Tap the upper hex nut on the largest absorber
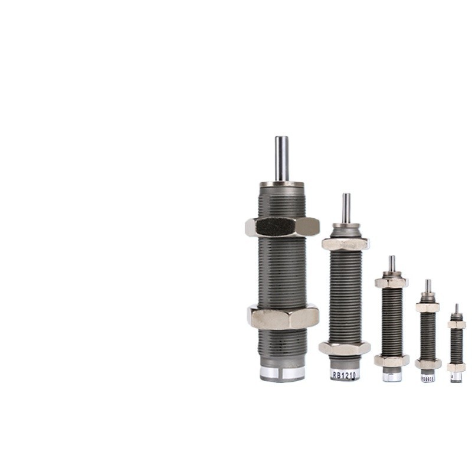click(x=282, y=227)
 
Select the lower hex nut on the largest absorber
click(x=283, y=316)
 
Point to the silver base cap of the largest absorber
click(x=283, y=373)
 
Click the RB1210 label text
click(x=345, y=374)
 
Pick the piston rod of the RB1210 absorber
click(x=346, y=207)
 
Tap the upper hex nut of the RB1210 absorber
click(x=346, y=243)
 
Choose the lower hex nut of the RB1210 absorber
click(x=345, y=348)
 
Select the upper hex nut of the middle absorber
click(x=391, y=283)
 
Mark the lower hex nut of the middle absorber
click(x=391, y=360)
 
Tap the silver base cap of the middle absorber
click(x=392, y=376)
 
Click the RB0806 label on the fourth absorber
click(x=427, y=378)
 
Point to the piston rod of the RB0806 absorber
click(x=428, y=286)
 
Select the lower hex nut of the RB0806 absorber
click(x=428, y=364)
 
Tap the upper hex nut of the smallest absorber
click(x=456, y=324)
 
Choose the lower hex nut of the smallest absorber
click(x=456, y=367)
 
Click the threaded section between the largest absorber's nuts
click(x=283, y=271)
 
